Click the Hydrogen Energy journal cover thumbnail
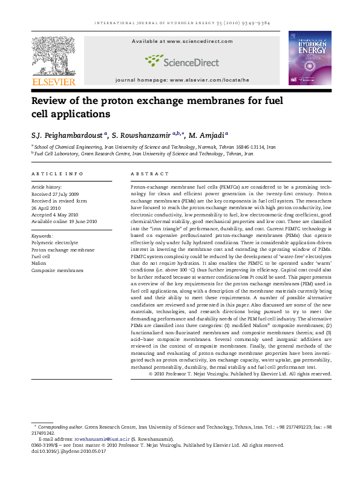[309, 57]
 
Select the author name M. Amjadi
[208, 135]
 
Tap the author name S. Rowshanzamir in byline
[141, 135]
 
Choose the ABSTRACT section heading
[148, 174]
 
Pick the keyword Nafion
[39, 263]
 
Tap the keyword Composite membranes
[57, 270]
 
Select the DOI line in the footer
[65, 451]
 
